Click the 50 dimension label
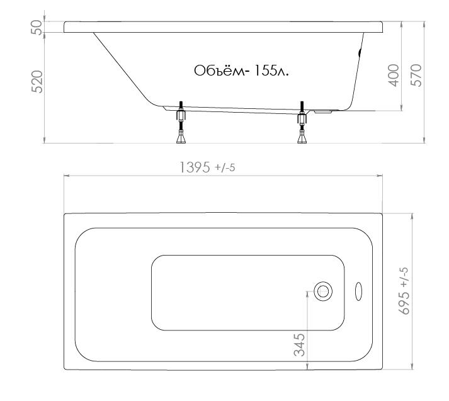[37, 27]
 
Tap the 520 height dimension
[37, 82]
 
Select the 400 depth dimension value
[394, 76]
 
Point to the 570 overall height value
[416, 76]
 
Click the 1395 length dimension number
[195, 167]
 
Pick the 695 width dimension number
[404, 303]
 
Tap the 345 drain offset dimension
[300, 344]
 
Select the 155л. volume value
[271, 71]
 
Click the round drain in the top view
[323, 291]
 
